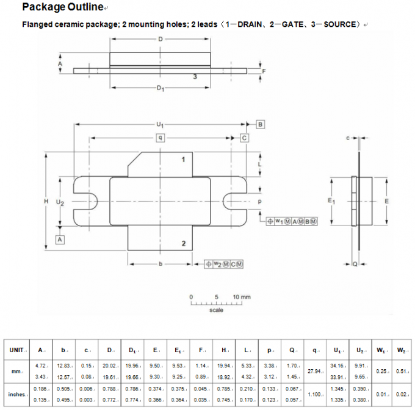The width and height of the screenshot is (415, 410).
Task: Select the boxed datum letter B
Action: point(259,124)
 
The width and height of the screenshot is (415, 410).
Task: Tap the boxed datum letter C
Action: point(244,138)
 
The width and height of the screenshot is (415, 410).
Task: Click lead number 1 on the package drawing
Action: point(184,160)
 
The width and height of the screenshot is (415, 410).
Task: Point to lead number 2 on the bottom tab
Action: point(184,244)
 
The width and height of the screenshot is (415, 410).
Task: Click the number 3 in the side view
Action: point(195,77)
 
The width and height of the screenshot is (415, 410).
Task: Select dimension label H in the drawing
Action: point(45,201)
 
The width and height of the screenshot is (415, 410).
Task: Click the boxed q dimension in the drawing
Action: point(160,138)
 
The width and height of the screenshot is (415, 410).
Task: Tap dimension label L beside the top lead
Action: point(259,164)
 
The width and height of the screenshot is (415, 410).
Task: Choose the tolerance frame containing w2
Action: point(224,263)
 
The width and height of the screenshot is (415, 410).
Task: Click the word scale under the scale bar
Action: point(217,310)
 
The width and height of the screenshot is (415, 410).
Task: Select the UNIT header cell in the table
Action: point(18,350)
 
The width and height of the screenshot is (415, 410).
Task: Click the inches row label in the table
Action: point(17,394)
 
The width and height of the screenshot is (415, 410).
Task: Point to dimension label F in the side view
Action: point(263,71)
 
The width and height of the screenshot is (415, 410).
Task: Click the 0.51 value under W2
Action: point(402,371)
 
